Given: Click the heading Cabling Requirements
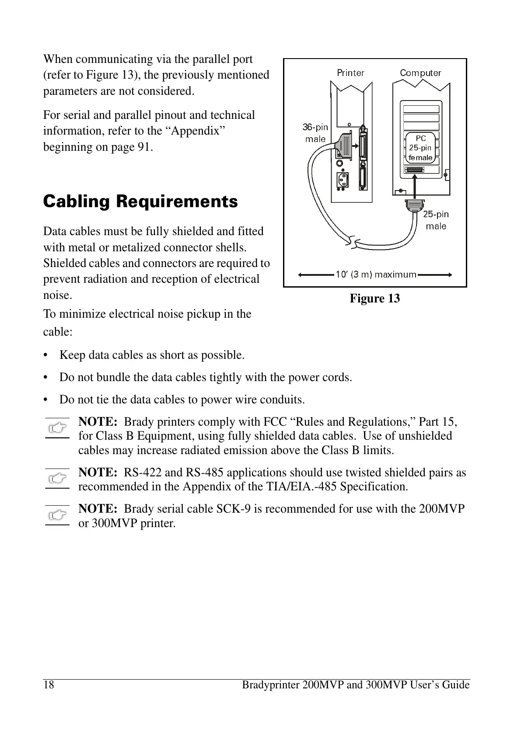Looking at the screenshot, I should (x=140, y=202).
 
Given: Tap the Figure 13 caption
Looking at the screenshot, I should (x=374, y=299).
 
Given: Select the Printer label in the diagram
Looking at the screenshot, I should (x=350, y=73).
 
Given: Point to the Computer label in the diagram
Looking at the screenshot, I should (x=420, y=73).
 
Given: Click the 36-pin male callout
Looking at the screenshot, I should (x=315, y=133).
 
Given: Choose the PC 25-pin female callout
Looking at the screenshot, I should (x=420, y=148).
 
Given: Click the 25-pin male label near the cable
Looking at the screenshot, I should (x=436, y=220).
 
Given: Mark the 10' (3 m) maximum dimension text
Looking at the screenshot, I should (x=375, y=274).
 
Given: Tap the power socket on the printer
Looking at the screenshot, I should (x=342, y=180).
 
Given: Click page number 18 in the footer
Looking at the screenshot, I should (x=49, y=684).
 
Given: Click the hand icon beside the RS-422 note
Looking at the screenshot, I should (x=57, y=479).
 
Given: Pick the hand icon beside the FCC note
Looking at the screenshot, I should (x=57, y=428).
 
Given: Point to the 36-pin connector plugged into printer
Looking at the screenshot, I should (x=345, y=144).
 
